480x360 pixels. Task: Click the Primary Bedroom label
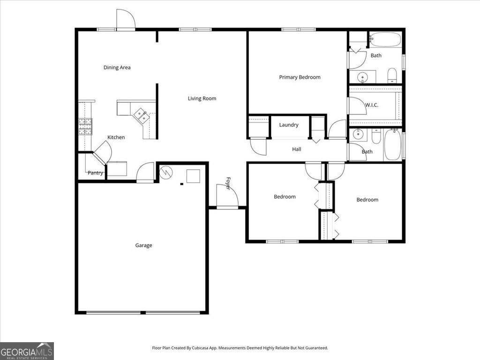[300, 77]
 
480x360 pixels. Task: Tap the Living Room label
[202, 98]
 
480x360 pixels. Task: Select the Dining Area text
[117, 67]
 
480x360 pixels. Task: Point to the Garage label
[143, 245]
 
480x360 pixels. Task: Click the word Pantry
[95, 173]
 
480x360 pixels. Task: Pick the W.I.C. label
[371, 105]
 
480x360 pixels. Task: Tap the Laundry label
[289, 125]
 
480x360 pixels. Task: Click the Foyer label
[228, 183]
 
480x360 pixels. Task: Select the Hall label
[296, 150]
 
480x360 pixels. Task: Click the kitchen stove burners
[85, 126]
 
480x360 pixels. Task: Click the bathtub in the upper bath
[385, 39]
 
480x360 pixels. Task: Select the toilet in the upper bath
[392, 75]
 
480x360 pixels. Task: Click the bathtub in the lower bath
[392, 145]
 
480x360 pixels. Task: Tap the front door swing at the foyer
[227, 196]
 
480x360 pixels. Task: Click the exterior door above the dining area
[125, 20]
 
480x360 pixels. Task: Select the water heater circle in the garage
[166, 173]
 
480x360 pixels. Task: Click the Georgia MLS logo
[27, 351]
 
